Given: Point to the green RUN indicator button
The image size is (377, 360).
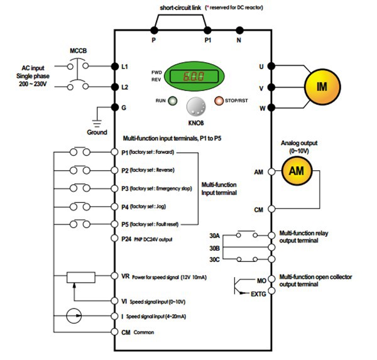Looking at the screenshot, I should click(172, 101).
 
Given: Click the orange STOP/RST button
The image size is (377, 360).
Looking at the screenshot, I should click(220, 101).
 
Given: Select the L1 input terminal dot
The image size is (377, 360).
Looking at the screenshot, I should click(114, 66).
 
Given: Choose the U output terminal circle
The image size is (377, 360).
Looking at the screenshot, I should click(271, 66).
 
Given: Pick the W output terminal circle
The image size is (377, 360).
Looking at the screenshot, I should click(271, 107).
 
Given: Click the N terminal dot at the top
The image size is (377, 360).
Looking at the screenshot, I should click(239, 30).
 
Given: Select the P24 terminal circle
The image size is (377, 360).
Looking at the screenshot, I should click(114, 239).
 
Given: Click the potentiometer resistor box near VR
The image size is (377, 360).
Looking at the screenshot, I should click(81, 276).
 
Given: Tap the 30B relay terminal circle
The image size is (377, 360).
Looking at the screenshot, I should click(271, 248).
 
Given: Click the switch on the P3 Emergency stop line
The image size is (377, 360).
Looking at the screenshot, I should click(81, 188).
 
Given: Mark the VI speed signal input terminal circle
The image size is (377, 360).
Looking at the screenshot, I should click(114, 301).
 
